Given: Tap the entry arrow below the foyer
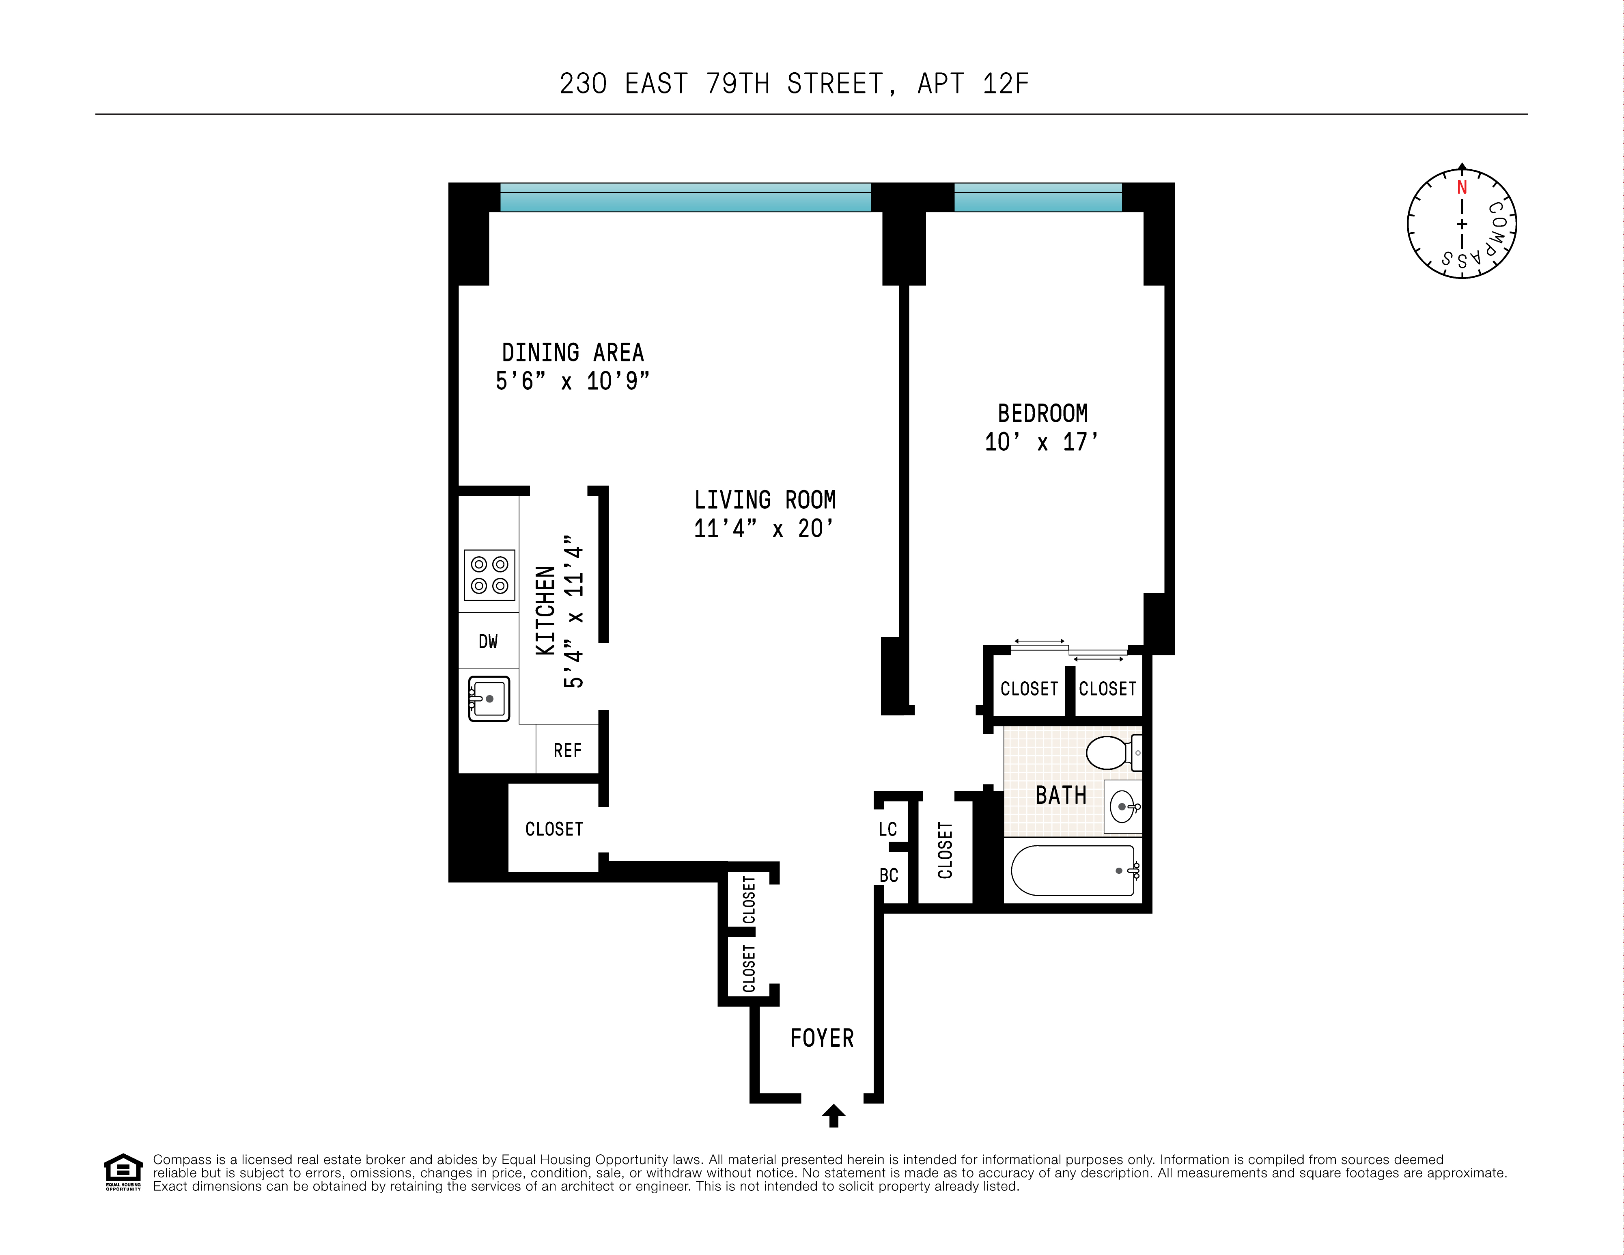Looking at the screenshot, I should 834,1115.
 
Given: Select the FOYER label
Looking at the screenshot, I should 822,1038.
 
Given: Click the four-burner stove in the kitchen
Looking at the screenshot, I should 489,575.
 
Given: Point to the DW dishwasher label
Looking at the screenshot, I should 488,641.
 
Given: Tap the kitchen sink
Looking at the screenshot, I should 489,698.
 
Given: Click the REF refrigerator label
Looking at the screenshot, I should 567,751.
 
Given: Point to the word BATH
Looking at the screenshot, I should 1060,795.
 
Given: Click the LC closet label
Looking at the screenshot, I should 888,829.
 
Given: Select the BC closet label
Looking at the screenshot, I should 889,876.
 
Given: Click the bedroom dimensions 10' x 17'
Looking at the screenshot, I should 1042,442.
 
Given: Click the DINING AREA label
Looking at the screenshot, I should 573,352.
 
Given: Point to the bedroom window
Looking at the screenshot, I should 1037,198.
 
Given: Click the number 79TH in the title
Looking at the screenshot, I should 737,84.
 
